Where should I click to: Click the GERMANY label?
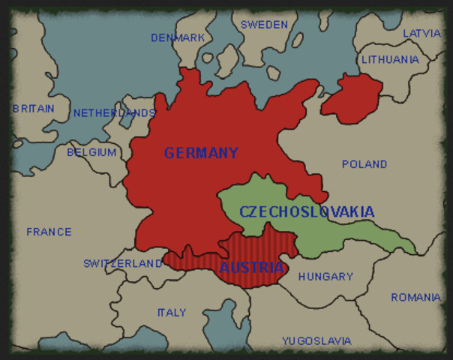(x=201, y=154)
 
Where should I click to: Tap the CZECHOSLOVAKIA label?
(x=307, y=212)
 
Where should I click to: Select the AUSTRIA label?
(x=252, y=267)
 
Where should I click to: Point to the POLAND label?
(x=364, y=164)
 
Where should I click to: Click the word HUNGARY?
(x=325, y=277)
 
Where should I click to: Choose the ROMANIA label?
(x=415, y=298)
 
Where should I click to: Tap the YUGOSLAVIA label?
(x=316, y=341)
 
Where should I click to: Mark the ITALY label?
(x=172, y=313)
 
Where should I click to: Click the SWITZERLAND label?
(x=123, y=264)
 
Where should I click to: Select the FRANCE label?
(x=49, y=232)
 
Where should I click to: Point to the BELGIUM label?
(x=91, y=152)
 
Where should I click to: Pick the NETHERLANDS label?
(x=114, y=113)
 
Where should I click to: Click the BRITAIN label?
(x=33, y=109)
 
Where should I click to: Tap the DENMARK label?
(x=178, y=37)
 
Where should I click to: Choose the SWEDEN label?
(x=264, y=25)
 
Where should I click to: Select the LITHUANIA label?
(x=390, y=59)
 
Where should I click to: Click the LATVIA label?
(x=422, y=34)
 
